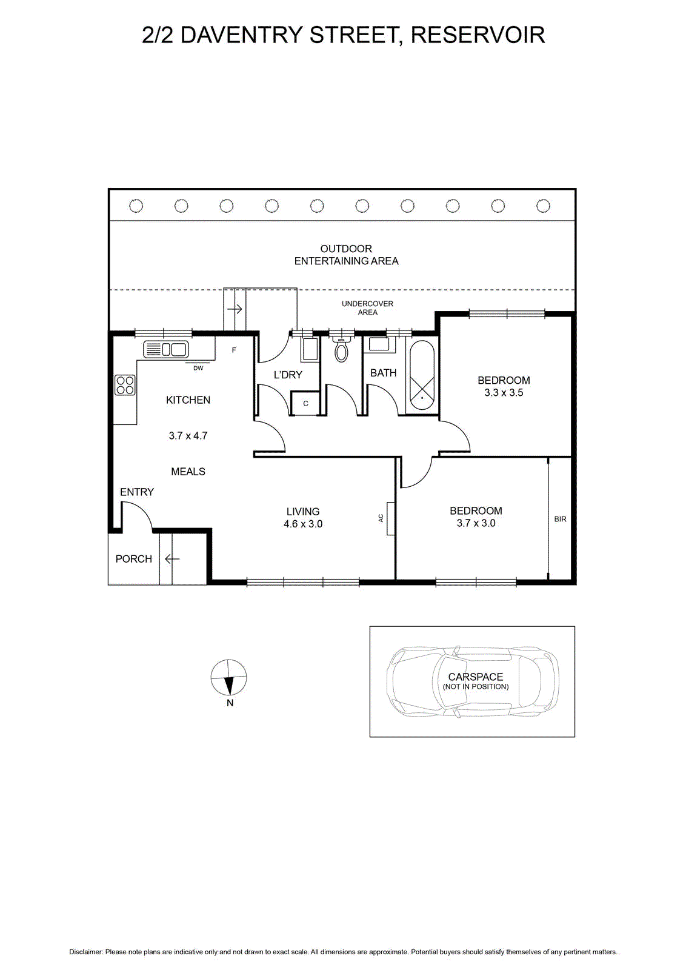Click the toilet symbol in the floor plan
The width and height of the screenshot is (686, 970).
point(342,349)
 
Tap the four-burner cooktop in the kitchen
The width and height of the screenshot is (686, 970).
point(125,385)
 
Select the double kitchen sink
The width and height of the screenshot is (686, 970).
point(165,349)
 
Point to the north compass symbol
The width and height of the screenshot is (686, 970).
point(229,678)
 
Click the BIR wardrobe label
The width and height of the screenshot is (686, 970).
point(560,519)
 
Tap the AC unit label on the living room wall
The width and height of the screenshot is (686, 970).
point(381,518)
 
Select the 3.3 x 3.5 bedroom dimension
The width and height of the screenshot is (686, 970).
point(504,393)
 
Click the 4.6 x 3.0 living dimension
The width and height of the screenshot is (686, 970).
point(303,524)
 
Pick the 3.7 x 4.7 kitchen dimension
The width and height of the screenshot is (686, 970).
point(188,436)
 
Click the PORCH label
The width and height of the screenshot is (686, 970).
point(134,559)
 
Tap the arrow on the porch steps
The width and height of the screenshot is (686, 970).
point(172,559)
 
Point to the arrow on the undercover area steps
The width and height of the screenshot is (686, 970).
point(235,309)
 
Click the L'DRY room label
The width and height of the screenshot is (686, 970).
point(288,375)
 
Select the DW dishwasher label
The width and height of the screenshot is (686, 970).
point(198,368)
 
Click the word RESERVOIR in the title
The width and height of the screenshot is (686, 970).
point(478,35)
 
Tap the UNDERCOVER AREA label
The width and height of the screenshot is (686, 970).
point(367,308)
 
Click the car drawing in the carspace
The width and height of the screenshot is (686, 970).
point(473,681)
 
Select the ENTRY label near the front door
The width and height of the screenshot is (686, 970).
point(137,492)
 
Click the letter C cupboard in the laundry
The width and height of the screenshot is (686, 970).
point(305,404)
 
